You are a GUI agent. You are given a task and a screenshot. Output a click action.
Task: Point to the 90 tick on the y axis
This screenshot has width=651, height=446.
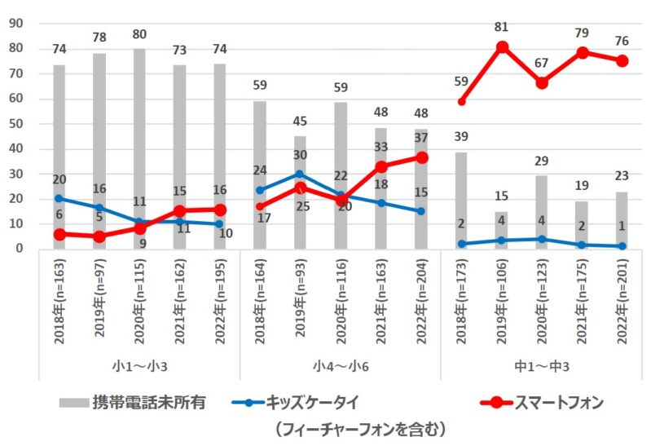(x=14, y=24)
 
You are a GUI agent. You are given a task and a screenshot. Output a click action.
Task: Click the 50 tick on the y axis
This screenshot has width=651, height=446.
(x=14, y=124)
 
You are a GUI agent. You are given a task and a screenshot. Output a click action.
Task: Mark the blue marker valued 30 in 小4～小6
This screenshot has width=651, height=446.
(x=301, y=174)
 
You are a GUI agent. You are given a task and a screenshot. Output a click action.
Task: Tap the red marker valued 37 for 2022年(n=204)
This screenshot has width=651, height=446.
(x=421, y=157)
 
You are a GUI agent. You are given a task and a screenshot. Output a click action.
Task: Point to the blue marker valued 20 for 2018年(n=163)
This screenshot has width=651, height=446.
(x=59, y=198)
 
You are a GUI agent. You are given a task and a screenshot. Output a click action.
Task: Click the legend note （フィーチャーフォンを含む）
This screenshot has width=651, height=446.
(x=358, y=427)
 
